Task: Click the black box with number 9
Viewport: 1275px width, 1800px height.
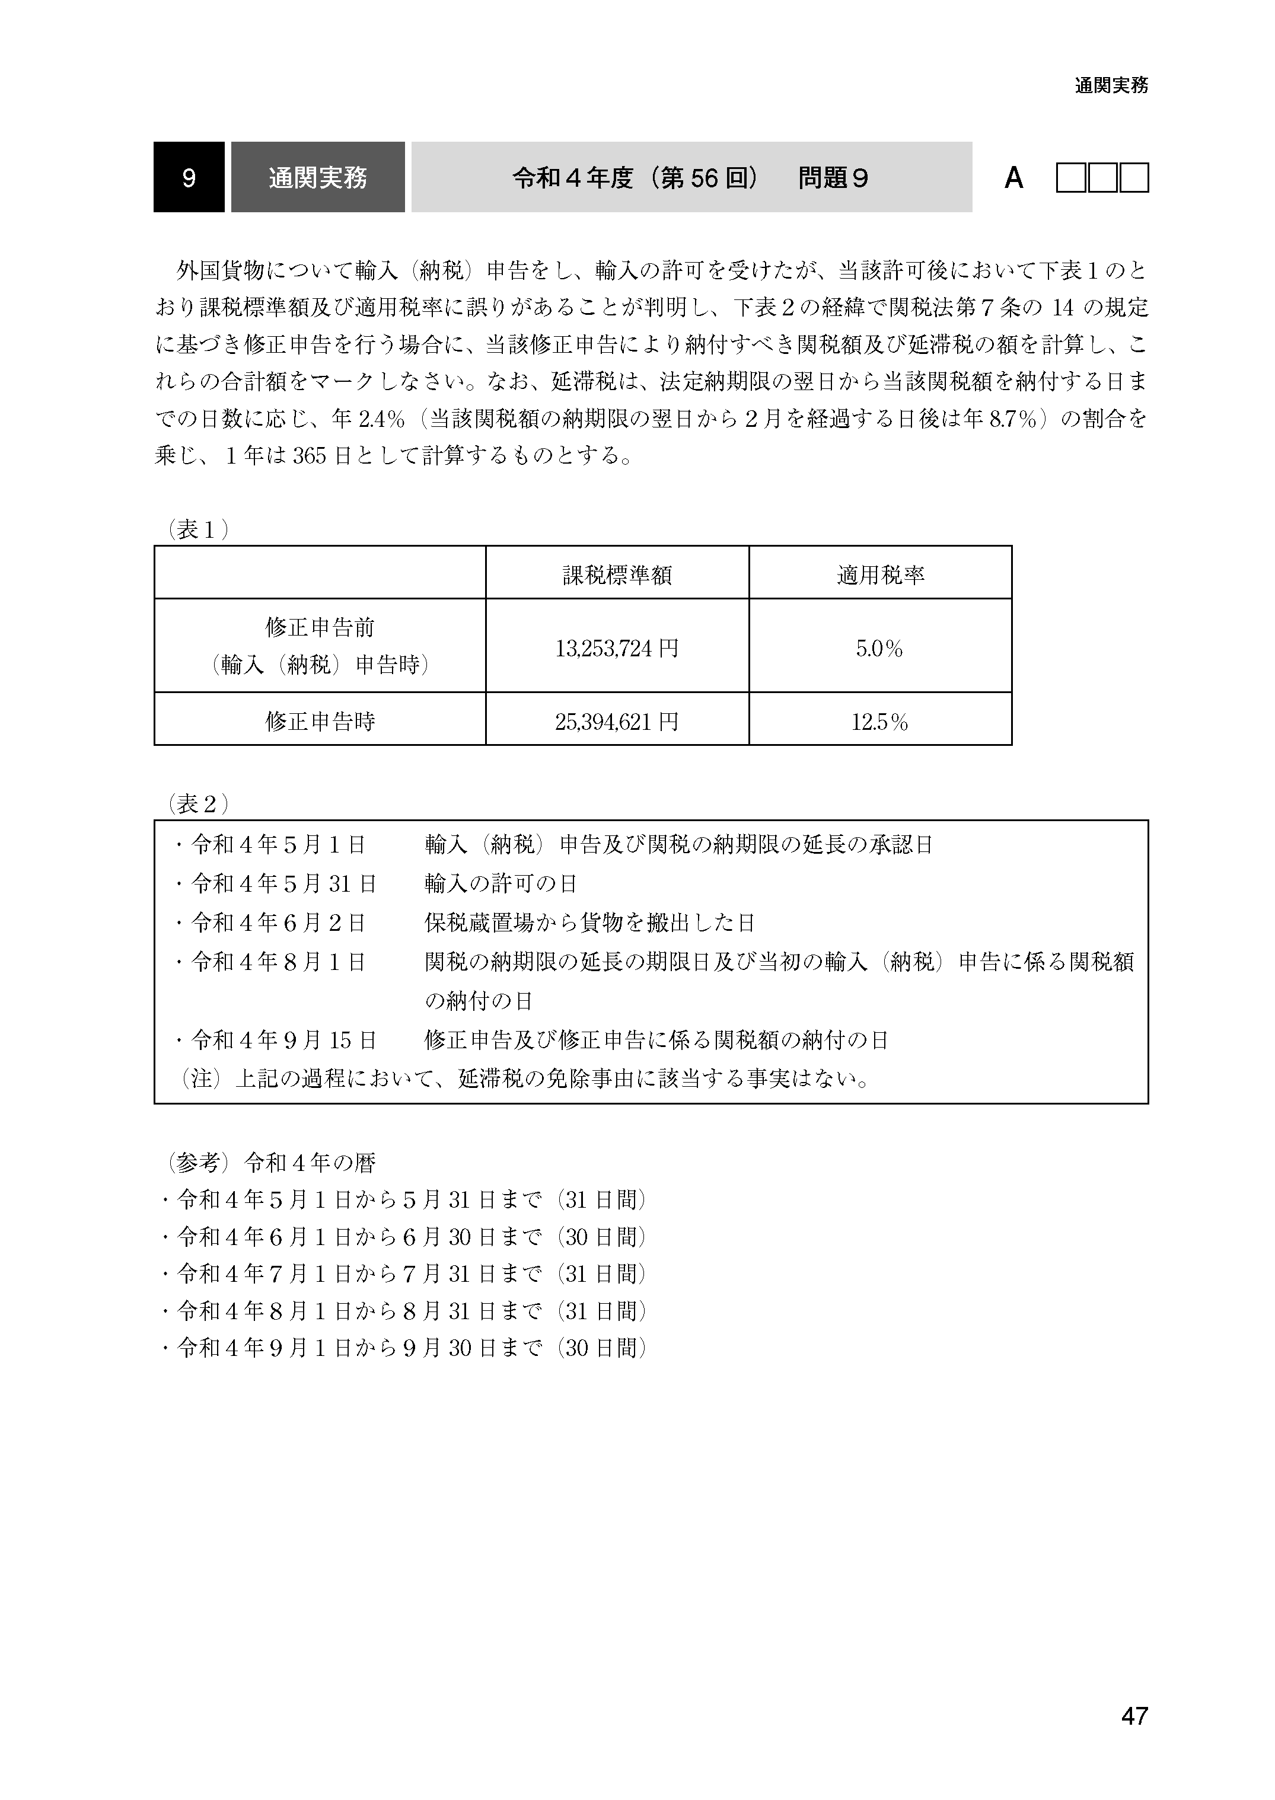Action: click(189, 177)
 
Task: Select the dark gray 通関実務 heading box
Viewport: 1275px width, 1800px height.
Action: click(318, 177)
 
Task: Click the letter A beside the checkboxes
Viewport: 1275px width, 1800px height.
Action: click(1013, 179)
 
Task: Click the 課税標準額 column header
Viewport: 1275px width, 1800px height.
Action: click(617, 576)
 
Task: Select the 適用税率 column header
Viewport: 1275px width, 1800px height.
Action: click(880, 576)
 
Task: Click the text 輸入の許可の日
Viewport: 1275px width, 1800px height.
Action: click(501, 884)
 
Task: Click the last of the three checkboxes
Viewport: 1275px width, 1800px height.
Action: click(1134, 178)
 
